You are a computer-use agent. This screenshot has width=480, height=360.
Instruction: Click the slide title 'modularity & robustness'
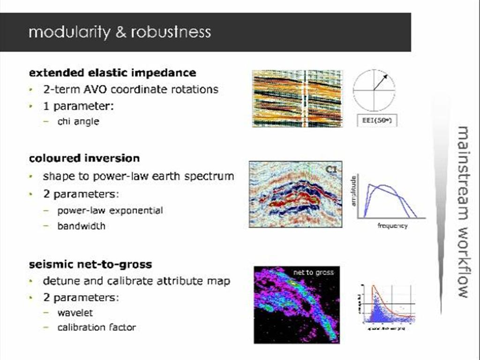(120, 32)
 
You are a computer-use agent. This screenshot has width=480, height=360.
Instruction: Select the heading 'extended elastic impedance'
(112, 73)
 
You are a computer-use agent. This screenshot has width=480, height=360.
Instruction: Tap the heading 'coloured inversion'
(84, 158)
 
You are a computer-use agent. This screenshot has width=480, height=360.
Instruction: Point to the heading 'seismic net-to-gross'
(90, 264)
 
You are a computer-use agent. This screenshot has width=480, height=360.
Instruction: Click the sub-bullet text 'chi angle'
(78, 121)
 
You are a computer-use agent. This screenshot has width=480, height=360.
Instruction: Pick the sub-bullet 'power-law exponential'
(110, 210)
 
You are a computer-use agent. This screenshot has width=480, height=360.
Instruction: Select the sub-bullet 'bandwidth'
(81, 226)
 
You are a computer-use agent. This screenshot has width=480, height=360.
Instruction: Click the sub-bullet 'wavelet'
(75, 312)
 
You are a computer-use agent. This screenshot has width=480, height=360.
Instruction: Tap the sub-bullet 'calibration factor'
(97, 327)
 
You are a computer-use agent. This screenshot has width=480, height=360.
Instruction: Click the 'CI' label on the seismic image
(331, 169)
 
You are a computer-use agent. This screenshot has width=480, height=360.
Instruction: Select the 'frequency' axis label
(392, 226)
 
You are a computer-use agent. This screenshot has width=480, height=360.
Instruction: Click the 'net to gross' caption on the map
(314, 272)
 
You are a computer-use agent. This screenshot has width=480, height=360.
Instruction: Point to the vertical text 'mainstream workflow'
(463, 211)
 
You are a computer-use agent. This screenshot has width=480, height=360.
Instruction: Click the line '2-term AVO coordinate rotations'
(130, 89)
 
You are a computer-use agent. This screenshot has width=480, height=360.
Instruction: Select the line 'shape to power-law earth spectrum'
(138, 176)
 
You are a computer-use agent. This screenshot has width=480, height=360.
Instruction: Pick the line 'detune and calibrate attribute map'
(136, 281)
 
